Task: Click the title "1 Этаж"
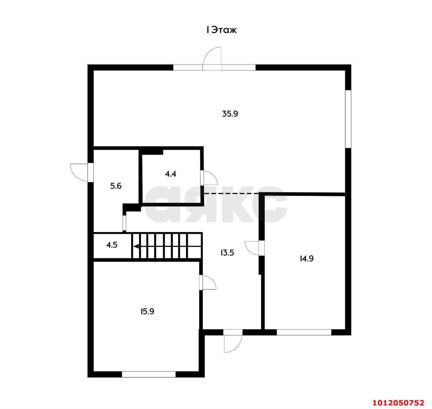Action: tap(221, 30)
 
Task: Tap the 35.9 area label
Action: tap(230, 114)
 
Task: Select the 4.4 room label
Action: tap(170, 174)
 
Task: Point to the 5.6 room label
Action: tap(116, 186)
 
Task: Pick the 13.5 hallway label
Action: tap(227, 253)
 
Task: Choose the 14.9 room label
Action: tap(306, 259)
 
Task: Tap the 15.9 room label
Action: tap(147, 311)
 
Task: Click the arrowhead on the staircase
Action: tap(136, 246)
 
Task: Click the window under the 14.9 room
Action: tap(304, 332)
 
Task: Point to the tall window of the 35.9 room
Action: tap(348, 119)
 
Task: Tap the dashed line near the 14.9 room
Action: tap(232, 194)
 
